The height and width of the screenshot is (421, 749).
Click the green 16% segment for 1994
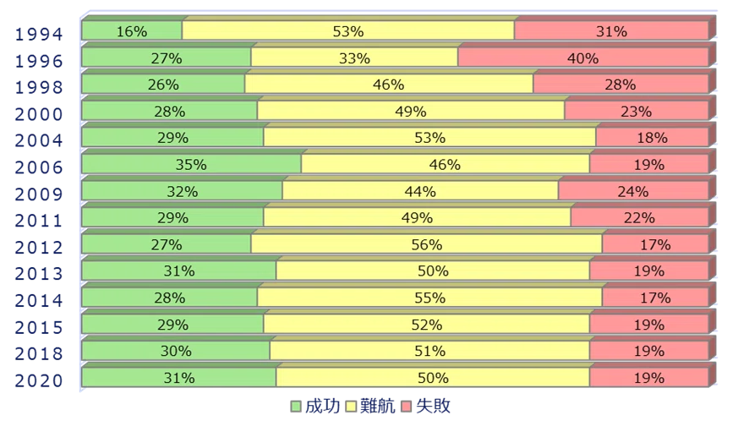(132, 30)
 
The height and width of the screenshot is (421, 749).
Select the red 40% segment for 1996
(583, 57)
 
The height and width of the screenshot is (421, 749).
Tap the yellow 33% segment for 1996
(354, 57)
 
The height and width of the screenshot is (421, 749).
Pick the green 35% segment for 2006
(192, 164)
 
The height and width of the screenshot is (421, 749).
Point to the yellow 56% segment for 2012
(427, 243)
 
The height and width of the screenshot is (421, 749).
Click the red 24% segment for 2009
(633, 191)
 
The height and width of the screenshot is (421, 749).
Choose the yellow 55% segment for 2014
(430, 298)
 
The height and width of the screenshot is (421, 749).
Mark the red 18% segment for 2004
(653, 137)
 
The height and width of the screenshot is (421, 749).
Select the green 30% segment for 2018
(176, 350)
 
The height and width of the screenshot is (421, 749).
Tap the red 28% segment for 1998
(621, 84)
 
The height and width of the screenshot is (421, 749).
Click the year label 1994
(39, 35)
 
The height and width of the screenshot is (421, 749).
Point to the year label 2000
(39, 115)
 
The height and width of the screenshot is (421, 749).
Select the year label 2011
(39, 221)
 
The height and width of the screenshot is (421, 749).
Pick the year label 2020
(39, 381)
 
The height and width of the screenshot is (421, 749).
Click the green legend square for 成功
(296, 407)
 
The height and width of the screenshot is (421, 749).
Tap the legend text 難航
(377, 406)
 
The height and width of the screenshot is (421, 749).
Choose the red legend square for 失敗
(407, 407)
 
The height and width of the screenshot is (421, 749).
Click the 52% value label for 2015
(427, 325)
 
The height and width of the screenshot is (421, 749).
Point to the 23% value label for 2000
(637, 112)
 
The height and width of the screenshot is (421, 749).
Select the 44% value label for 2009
(420, 191)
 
